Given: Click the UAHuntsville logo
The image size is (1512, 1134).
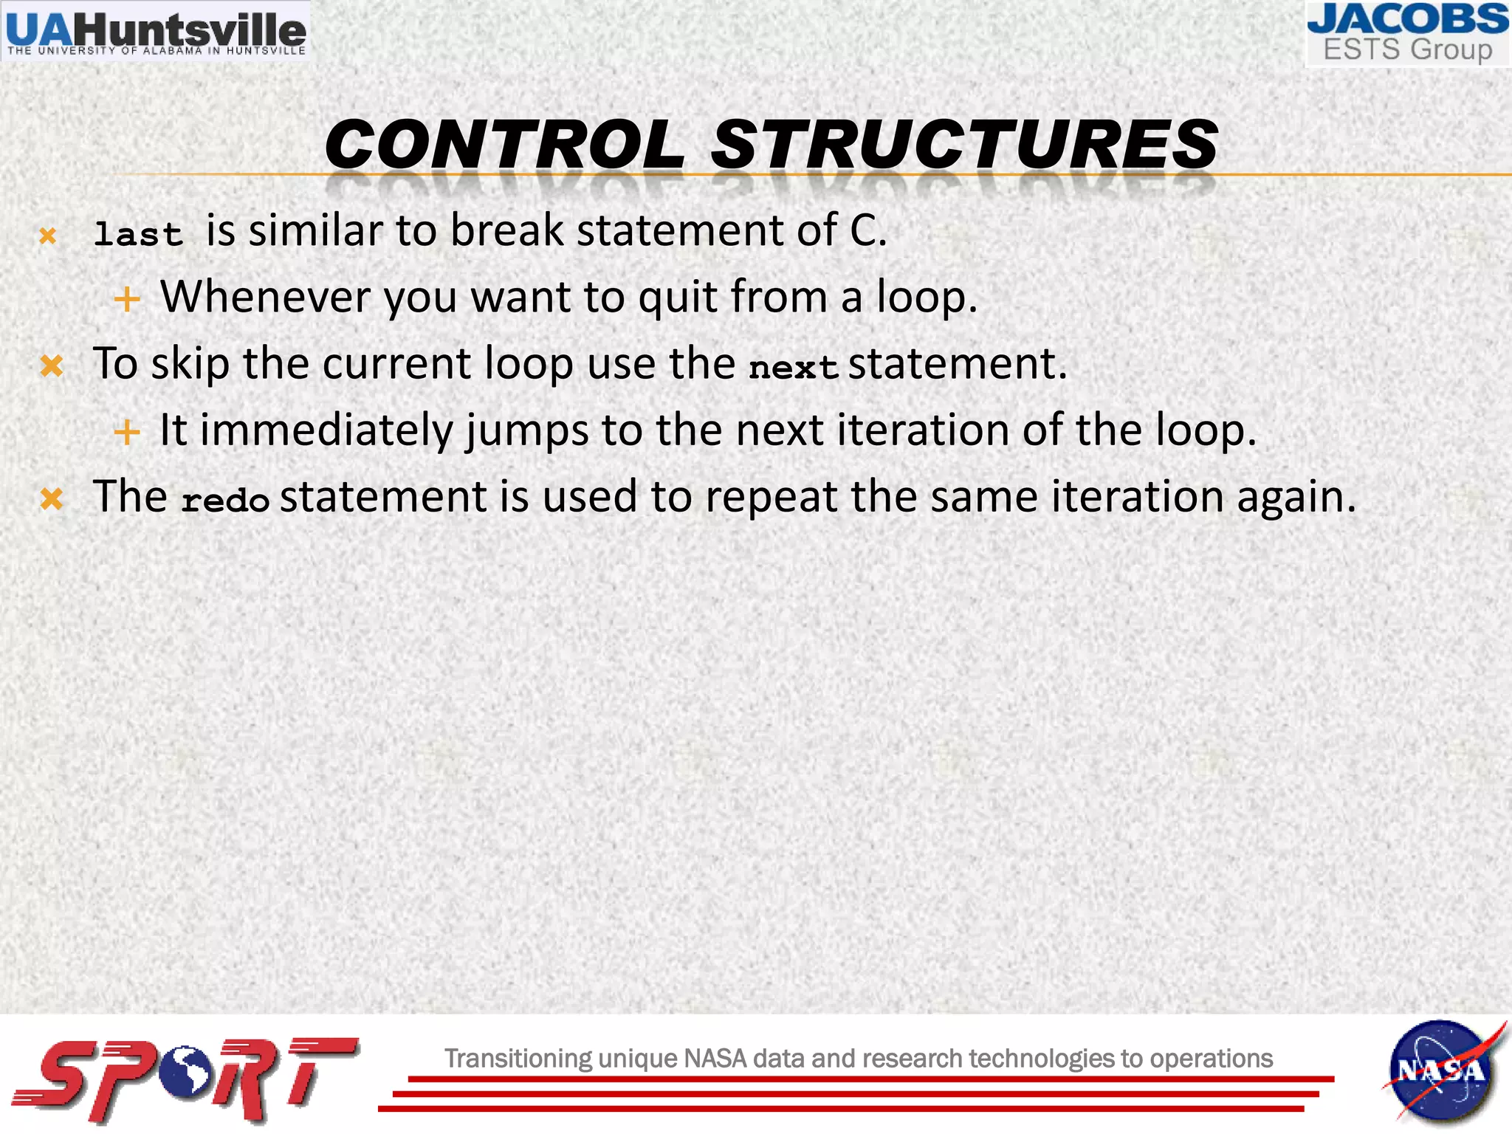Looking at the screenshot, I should [155, 31].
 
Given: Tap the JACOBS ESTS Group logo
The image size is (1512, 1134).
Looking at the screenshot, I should [1407, 34].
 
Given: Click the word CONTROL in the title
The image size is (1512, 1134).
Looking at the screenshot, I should [505, 145].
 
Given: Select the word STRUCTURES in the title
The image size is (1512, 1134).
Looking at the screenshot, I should [964, 145].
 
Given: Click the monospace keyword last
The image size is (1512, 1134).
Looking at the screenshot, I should [138, 235].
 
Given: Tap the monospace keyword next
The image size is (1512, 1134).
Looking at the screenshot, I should [793, 367].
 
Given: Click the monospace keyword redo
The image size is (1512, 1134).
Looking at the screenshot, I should [225, 501].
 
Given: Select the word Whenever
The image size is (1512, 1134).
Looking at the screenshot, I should [265, 297].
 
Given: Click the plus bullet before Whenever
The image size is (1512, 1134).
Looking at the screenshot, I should [127, 299].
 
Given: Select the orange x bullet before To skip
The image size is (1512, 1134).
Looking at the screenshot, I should [52, 365].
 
